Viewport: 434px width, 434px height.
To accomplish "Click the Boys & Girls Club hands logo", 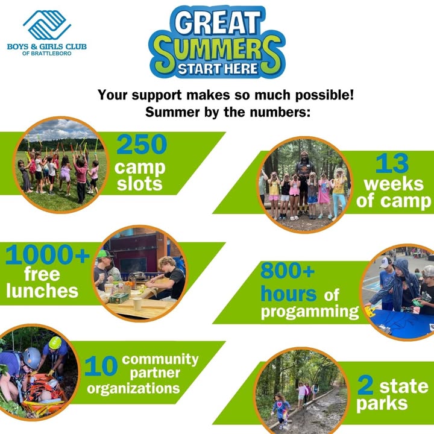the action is tap(47, 25).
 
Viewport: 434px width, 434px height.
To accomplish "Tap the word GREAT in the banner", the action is tap(218, 23).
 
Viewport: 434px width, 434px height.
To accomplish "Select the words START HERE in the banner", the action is tap(218, 68).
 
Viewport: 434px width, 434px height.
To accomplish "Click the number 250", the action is tap(142, 144).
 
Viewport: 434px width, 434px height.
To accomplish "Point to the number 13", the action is tap(392, 163).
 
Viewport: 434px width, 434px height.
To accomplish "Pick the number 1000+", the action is tap(48, 254).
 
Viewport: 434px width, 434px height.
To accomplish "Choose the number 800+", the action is tap(288, 271).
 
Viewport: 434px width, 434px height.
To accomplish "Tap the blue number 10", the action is tap(101, 366).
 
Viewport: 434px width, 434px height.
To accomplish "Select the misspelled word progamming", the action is tap(310, 312).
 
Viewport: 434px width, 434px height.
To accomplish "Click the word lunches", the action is tap(42, 291).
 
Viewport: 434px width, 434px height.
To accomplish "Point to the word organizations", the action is tap(133, 388).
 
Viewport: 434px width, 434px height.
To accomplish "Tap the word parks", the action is tap(382, 404).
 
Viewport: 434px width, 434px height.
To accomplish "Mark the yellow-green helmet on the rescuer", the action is tap(55, 342).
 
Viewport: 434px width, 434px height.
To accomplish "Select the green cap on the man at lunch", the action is tap(104, 254).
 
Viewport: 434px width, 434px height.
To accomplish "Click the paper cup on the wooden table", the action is tap(137, 304).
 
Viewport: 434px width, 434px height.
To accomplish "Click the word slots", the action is tap(139, 184).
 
